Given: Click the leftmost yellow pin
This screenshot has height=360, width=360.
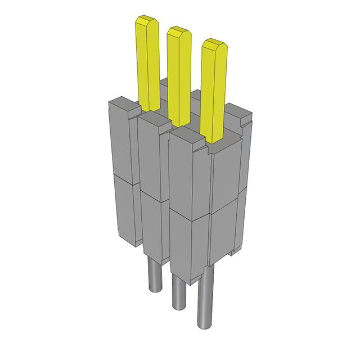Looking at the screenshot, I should click(147, 65).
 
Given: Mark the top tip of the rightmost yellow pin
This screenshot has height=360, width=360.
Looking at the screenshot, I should click(214, 44).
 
